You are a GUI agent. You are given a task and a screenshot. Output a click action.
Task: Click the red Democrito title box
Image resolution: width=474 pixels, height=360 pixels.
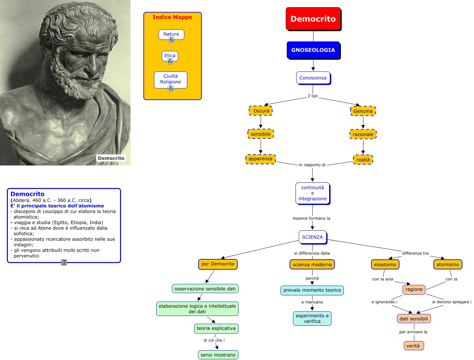click(313, 19)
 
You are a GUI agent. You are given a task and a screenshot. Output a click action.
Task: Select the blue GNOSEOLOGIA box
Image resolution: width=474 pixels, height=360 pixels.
click(313, 50)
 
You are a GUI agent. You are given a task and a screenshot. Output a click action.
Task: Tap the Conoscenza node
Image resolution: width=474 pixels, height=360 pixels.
click(313, 78)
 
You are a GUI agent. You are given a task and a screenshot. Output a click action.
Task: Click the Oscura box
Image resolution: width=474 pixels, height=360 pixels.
click(261, 111)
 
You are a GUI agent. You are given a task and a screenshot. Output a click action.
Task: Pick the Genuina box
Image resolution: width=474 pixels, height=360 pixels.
click(363, 111)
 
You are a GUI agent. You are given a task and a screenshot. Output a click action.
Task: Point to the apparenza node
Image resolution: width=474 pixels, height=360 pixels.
click(260, 159)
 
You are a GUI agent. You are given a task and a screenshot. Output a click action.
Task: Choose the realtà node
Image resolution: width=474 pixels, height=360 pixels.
click(363, 160)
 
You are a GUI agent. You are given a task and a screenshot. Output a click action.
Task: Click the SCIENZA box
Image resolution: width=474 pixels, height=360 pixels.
click(312, 237)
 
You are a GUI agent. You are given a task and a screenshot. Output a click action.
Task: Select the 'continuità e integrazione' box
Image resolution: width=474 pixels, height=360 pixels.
click(312, 193)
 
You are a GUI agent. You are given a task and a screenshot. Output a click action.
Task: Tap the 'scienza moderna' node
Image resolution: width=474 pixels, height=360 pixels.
click(312, 265)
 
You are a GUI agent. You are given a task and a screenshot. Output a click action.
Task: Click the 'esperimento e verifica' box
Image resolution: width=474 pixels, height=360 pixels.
click(312, 319)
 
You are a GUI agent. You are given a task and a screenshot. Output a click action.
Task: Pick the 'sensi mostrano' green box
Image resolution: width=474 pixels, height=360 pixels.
click(218, 355)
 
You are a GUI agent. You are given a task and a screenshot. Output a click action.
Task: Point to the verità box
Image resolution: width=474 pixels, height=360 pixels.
click(413, 346)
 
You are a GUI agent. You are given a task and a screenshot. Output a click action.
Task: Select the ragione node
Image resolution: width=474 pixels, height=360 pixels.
click(414, 290)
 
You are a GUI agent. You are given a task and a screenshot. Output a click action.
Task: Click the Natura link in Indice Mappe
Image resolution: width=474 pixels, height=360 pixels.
click(171, 34)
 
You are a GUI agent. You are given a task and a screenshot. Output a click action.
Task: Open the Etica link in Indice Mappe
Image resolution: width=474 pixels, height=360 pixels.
click(170, 55)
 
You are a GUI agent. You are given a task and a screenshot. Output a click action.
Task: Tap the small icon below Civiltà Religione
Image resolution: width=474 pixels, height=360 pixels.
click(171, 88)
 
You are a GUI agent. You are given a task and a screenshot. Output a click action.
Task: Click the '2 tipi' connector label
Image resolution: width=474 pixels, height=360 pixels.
click(313, 96)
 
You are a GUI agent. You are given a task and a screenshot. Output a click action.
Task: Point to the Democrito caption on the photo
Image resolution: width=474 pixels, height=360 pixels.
click(111, 158)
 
